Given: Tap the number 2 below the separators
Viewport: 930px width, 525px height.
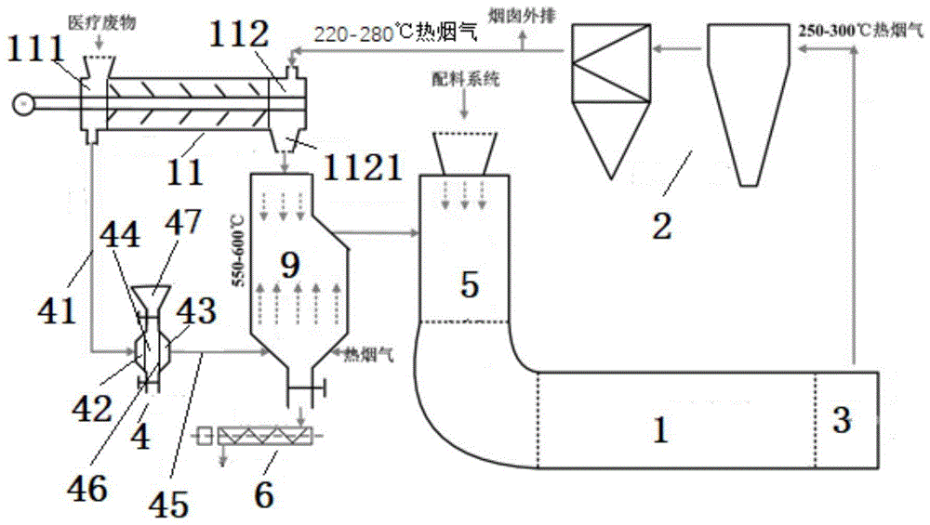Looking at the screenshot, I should click(661, 224).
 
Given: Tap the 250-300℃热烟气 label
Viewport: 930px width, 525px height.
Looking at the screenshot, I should click(861, 31).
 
